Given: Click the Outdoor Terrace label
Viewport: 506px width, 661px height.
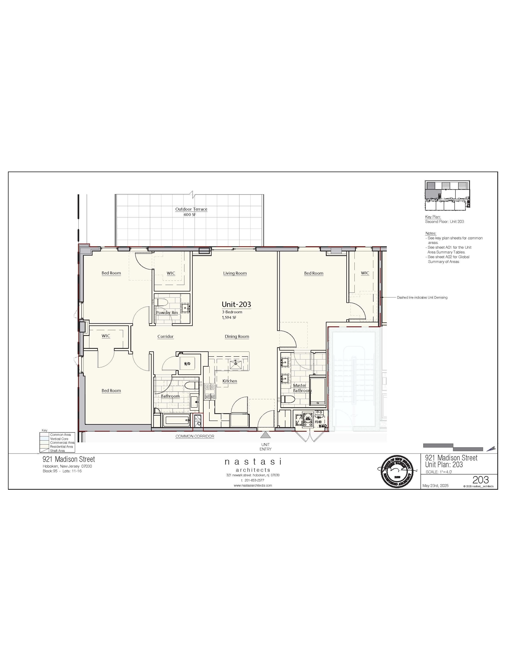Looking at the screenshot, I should tap(191, 209).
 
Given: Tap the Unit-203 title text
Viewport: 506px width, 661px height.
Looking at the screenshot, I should tap(236, 304).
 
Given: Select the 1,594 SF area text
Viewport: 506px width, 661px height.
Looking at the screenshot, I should tap(229, 317).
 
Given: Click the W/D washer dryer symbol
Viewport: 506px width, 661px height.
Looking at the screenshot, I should tap(187, 364).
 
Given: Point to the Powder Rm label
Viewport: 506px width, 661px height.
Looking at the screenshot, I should tap(167, 313).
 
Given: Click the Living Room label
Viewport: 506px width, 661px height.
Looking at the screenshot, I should tap(235, 273).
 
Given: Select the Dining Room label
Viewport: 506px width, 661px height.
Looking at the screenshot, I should tap(237, 336).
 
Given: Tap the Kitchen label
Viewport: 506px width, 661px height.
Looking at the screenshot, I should tap(229, 381).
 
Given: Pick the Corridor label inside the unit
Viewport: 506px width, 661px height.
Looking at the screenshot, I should tap(165, 336).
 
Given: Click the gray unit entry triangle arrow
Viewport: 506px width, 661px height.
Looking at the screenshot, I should tap(265, 435).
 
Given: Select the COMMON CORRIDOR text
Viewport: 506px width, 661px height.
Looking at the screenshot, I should tap(195, 436).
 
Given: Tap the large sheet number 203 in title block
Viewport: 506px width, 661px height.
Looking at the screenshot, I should tap(480, 480).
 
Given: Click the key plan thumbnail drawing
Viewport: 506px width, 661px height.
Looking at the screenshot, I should tap(447, 196).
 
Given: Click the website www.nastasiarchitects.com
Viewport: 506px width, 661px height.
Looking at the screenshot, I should tap(253, 485).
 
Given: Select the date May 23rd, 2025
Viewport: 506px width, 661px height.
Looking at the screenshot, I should tap(435, 486).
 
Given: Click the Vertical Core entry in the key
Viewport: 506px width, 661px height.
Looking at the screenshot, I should tap(59, 439).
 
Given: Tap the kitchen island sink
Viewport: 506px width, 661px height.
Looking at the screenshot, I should tap(235, 365).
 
